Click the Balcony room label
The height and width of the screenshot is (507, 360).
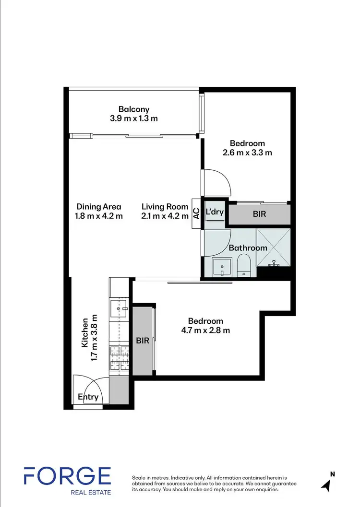point(134,109)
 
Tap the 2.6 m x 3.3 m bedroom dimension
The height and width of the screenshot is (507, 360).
point(247,153)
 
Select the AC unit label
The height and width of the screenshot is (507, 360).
point(196,213)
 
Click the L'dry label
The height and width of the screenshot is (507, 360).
point(215,212)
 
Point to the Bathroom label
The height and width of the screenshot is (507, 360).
point(248,248)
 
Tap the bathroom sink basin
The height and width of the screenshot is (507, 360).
point(221,266)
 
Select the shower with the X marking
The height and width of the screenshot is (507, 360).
point(274,247)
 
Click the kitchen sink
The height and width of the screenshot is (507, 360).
point(118,309)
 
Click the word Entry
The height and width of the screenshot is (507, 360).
point(88,397)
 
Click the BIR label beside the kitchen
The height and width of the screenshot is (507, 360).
point(143,342)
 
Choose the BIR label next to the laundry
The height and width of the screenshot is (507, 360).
point(259,214)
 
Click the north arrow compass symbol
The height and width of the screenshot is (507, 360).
point(326,484)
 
